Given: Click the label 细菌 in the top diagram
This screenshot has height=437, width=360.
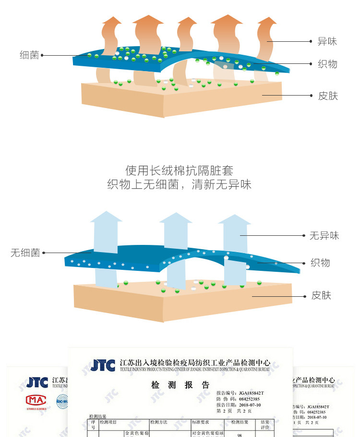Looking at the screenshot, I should [29, 55].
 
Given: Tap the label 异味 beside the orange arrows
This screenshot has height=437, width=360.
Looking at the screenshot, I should [327, 41].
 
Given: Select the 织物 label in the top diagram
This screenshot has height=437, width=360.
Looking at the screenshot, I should [327, 64].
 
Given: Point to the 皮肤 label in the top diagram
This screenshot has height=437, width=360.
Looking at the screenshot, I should [328, 96].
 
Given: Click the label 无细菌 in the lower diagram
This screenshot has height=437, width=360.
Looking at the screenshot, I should [25, 253].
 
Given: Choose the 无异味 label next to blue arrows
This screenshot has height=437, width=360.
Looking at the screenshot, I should [324, 235].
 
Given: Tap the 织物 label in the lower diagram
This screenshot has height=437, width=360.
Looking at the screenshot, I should [320, 263].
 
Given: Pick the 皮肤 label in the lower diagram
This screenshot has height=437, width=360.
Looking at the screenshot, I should [321, 295].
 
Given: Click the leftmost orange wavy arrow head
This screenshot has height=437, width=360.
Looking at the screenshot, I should [112, 22].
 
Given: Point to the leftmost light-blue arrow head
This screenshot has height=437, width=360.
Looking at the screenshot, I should [106, 217].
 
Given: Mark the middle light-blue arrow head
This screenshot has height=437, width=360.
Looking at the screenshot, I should [175, 218].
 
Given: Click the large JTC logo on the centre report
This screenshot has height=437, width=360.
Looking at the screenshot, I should [103, 365].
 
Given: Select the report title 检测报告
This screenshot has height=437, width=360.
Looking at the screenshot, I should [180, 385].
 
